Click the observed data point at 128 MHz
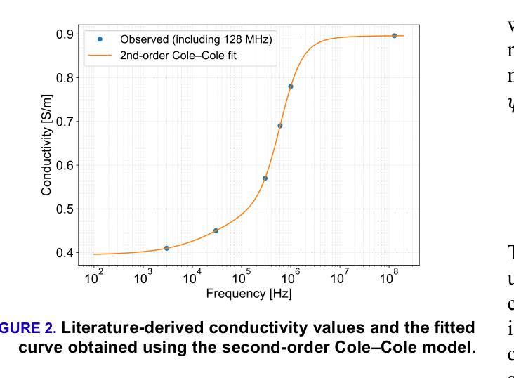394,36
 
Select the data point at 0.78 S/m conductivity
291,86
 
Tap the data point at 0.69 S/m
279,126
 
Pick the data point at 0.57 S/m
265,178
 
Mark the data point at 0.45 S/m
216,230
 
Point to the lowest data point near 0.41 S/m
166,248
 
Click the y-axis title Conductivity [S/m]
47,143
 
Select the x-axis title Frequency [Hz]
249,294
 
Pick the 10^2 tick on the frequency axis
93,278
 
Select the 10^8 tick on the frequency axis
389,278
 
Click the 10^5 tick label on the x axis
242,278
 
